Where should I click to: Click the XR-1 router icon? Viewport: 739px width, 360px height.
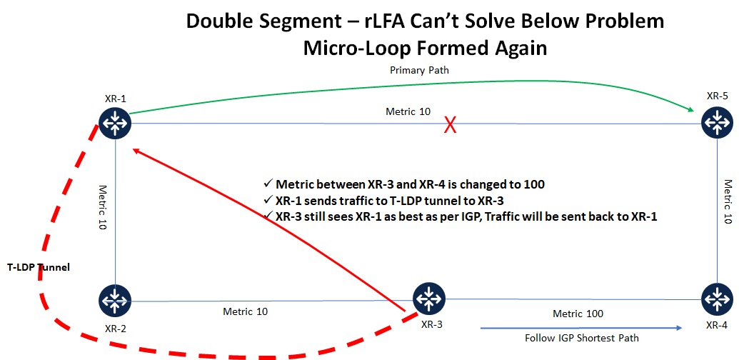(x=115, y=123)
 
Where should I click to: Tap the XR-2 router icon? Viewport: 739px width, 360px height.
(x=115, y=300)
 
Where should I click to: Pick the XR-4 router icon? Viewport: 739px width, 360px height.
(x=718, y=299)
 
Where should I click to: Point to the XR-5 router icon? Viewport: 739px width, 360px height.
(x=718, y=123)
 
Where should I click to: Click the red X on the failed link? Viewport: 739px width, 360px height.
(x=451, y=125)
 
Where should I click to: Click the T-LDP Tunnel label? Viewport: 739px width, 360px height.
(x=39, y=267)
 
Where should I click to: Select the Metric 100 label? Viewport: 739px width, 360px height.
(x=578, y=314)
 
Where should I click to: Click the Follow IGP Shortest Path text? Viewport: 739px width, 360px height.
(x=582, y=338)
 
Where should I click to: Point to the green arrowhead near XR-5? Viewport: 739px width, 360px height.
(x=691, y=109)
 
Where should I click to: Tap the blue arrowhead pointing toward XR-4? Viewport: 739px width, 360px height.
(x=679, y=327)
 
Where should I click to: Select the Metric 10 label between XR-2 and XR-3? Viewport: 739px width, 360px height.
(x=246, y=311)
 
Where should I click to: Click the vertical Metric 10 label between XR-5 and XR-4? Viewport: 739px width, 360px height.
(x=728, y=201)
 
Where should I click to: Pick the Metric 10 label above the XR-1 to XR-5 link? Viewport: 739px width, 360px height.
(x=408, y=111)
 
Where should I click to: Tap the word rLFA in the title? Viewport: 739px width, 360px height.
(x=385, y=21)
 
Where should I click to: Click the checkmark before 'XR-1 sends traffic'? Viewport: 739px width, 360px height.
(x=268, y=200)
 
